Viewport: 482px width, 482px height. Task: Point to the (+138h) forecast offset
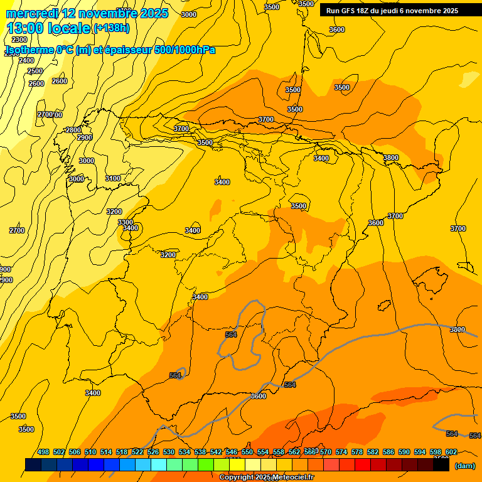pyautogui.click(x=111, y=28)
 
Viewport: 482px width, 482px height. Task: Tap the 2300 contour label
pyautogui.click(x=19, y=40)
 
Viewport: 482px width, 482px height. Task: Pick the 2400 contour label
pyautogui.click(x=26, y=60)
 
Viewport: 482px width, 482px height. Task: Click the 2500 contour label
pyautogui.click(x=35, y=72)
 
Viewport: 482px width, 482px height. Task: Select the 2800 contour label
pyautogui.click(x=73, y=130)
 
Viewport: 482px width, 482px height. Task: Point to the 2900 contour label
pyautogui.click(x=84, y=137)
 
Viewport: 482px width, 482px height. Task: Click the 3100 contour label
pyautogui.click(x=113, y=179)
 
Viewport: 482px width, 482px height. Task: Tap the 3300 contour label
pyautogui.click(x=126, y=222)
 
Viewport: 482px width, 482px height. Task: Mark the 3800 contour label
pyautogui.click(x=390, y=158)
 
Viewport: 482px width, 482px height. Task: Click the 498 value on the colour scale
pyautogui.click(x=43, y=452)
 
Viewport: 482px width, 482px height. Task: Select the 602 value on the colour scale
pyautogui.click(x=451, y=452)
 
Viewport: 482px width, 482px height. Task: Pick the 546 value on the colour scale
pyautogui.click(x=232, y=452)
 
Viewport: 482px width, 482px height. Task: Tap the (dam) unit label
pyautogui.click(x=464, y=466)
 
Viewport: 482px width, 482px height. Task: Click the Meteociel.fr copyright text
pyautogui.click(x=266, y=478)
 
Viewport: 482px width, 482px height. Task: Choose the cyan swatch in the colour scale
pyautogui.click(x=158, y=465)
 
